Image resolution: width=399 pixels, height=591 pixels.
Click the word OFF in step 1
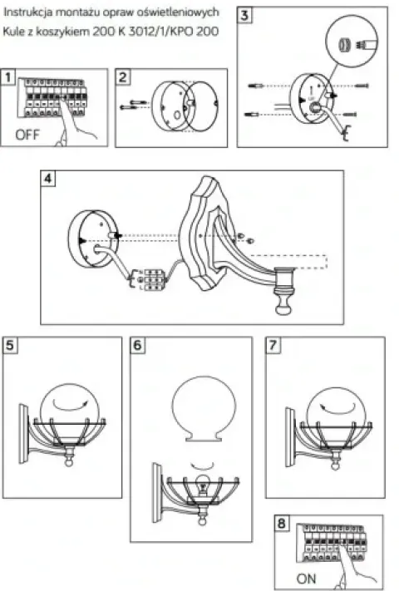[27, 135]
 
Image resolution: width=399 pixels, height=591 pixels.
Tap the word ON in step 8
[306, 579]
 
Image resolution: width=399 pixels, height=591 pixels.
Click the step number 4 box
[48, 178]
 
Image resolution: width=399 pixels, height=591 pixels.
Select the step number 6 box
[137, 345]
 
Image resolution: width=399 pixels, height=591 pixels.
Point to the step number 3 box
[244, 15]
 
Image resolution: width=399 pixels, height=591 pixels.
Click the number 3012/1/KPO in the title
[157, 31]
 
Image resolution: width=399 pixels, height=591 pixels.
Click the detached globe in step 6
[204, 409]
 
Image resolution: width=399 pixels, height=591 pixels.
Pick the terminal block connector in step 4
[152, 279]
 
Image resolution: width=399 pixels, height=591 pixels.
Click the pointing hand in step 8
[356, 565]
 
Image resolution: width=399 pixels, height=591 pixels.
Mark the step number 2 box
[123, 77]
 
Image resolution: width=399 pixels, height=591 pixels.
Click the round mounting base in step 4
[93, 239]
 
